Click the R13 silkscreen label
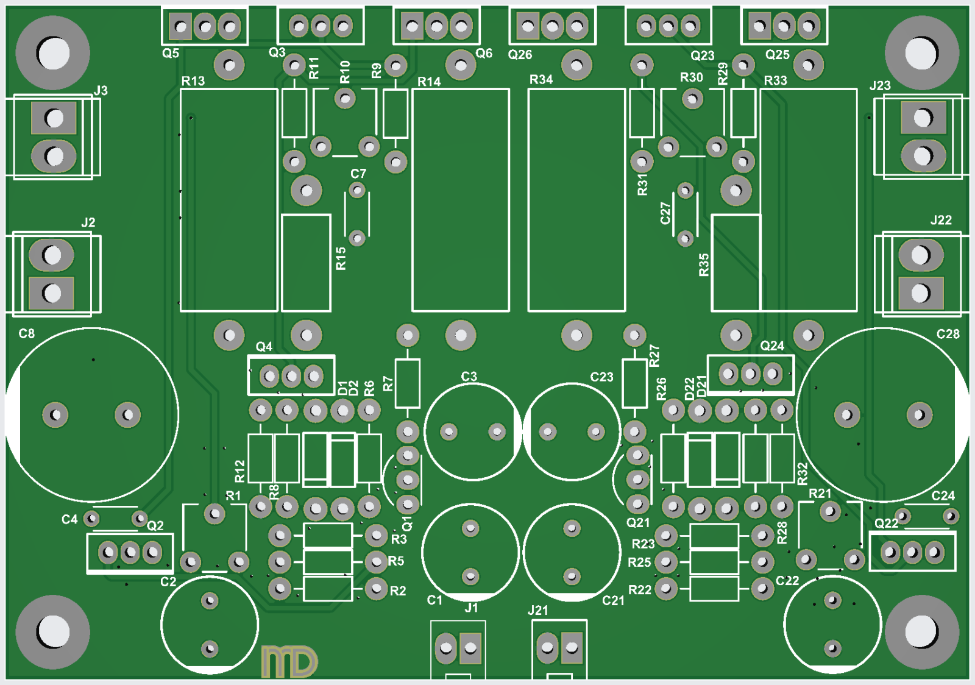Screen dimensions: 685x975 click(x=193, y=81)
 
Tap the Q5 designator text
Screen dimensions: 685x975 click(x=171, y=54)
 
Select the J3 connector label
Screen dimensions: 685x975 click(x=101, y=91)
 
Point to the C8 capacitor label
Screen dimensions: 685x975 click(x=27, y=333)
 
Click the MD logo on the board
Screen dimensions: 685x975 click(x=289, y=662)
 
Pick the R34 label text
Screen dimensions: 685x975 click(x=541, y=80)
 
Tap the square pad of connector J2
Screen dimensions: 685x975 click(x=52, y=293)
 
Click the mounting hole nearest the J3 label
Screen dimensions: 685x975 click(x=53, y=53)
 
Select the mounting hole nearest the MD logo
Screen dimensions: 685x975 click(x=53, y=631)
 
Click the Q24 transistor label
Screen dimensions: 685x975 click(x=772, y=346)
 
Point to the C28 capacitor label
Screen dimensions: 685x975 click(x=948, y=334)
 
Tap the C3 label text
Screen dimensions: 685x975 click(x=469, y=377)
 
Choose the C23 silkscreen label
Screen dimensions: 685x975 click(x=601, y=377)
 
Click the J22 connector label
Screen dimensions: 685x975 click(x=941, y=220)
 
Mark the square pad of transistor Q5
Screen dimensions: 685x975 click(x=181, y=27)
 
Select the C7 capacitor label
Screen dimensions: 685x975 click(x=358, y=174)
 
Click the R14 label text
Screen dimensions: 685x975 click(x=429, y=82)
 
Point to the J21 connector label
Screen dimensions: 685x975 click(x=538, y=610)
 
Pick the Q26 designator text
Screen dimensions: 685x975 click(x=520, y=55)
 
